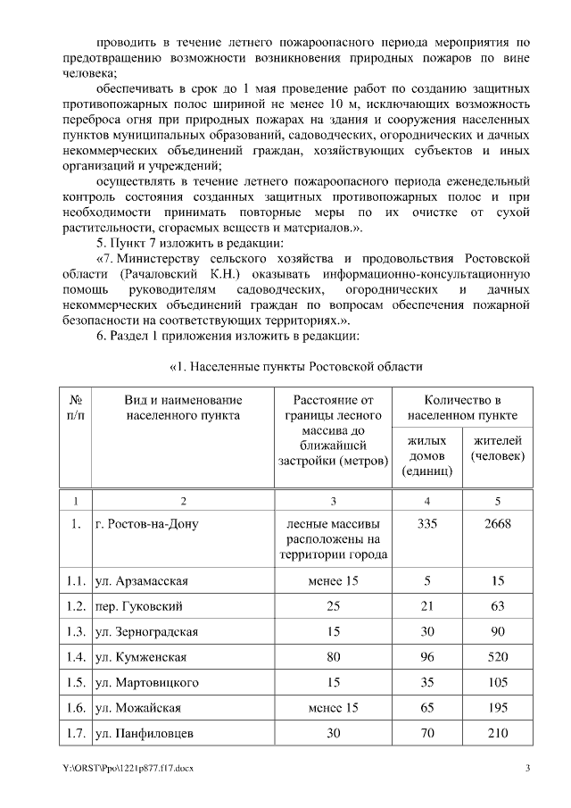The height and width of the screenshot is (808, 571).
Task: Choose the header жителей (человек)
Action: click(497, 448)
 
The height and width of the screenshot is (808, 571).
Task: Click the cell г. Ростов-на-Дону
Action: click(146, 524)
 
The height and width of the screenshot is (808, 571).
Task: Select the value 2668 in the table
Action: click(497, 524)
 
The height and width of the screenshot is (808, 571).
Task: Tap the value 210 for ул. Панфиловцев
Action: click(497, 734)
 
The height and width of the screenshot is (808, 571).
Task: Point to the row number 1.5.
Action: click(76, 683)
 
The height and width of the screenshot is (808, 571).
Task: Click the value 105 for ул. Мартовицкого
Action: click(497, 683)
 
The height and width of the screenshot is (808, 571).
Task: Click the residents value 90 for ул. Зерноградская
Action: click(497, 632)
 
